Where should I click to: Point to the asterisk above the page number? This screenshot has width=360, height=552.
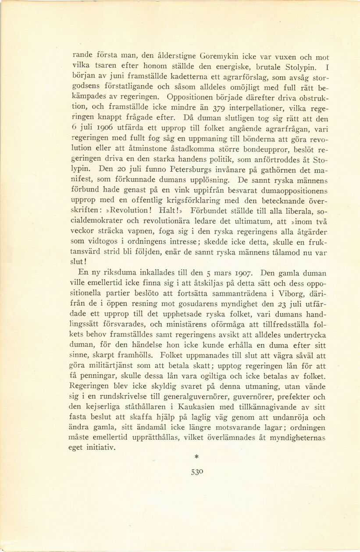(196, 456)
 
